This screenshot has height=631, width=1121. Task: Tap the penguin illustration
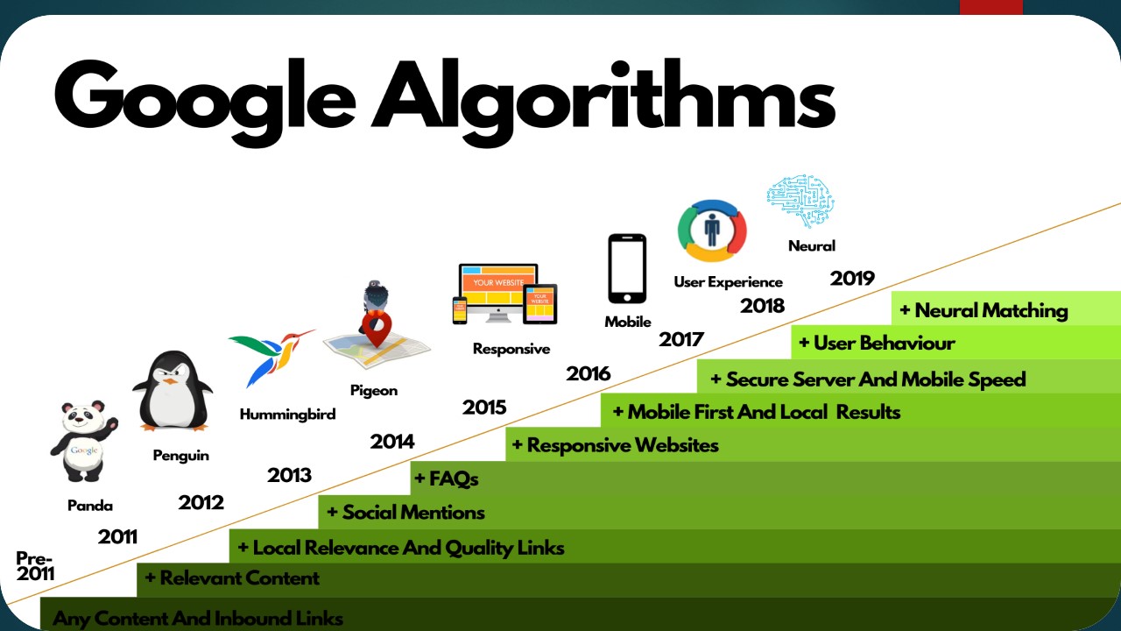coord(173,391)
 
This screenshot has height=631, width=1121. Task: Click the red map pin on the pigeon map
coord(377,330)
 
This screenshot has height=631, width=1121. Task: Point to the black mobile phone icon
coord(627,268)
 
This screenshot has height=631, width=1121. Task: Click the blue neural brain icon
coord(800,201)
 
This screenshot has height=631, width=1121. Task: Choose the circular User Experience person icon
coord(711,230)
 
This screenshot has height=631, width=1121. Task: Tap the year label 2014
coord(392,442)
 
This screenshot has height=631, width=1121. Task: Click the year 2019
coord(852,279)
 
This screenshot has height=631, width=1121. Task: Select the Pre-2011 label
coord(35,566)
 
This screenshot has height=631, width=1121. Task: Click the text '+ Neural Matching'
coord(984,310)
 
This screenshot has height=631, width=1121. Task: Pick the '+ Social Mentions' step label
coord(405,513)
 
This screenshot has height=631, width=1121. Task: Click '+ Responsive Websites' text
coord(615,445)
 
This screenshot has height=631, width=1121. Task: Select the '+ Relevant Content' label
coord(232,578)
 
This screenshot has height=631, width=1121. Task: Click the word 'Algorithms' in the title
coord(603,98)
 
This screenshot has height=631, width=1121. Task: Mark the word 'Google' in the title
coord(206,98)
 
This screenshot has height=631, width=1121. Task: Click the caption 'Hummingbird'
coord(287,415)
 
